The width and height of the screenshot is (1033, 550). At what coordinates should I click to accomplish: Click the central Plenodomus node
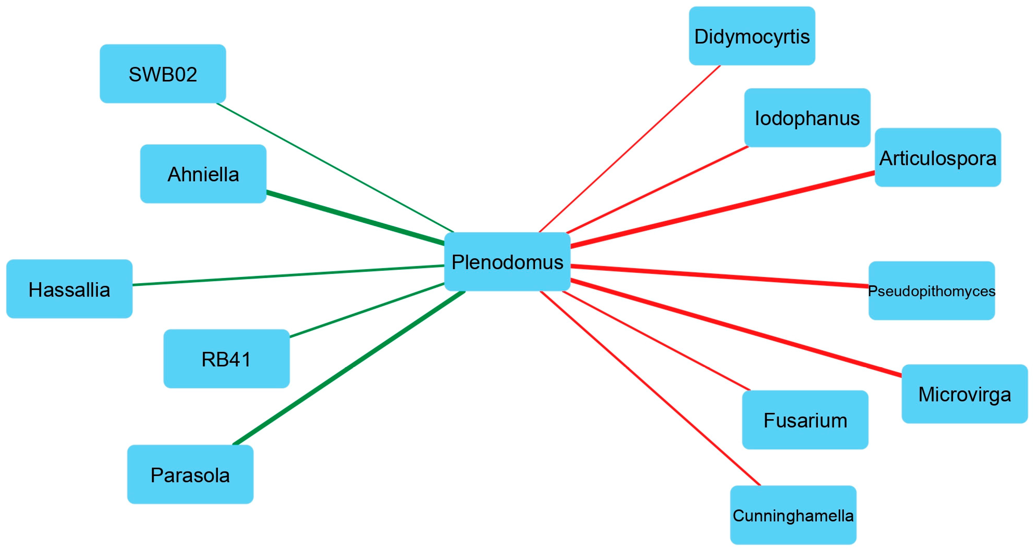pos(507,262)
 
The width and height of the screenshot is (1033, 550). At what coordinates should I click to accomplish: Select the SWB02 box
pos(163,74)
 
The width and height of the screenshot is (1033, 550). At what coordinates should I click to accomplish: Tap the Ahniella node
pos(203,174)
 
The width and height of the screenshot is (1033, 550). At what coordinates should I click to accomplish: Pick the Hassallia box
pos(70,289)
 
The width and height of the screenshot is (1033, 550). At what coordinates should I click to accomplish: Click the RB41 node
pos(226,359)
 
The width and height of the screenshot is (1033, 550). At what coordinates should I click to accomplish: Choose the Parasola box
pos(190,475)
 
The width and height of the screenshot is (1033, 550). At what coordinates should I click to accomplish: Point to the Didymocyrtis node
pos(752,36)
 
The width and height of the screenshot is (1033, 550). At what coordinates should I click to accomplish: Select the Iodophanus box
pos(807,118)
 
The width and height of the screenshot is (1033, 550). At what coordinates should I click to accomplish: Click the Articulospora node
pos(938,157)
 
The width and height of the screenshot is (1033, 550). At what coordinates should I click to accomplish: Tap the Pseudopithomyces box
pos(932,291)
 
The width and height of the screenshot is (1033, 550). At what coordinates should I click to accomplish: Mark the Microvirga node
pos(965,394)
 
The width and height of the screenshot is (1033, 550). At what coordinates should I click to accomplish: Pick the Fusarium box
pos(805,420)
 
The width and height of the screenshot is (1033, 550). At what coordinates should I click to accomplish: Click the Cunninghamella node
pos(793,515)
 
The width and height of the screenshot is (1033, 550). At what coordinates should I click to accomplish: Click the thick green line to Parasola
pos(349,368)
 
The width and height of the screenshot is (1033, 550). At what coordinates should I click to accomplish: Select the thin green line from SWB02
pos(335,168)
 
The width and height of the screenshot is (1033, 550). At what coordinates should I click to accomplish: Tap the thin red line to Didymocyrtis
pos(629,148)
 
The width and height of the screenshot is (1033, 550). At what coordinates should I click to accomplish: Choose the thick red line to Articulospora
pos(722,209)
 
